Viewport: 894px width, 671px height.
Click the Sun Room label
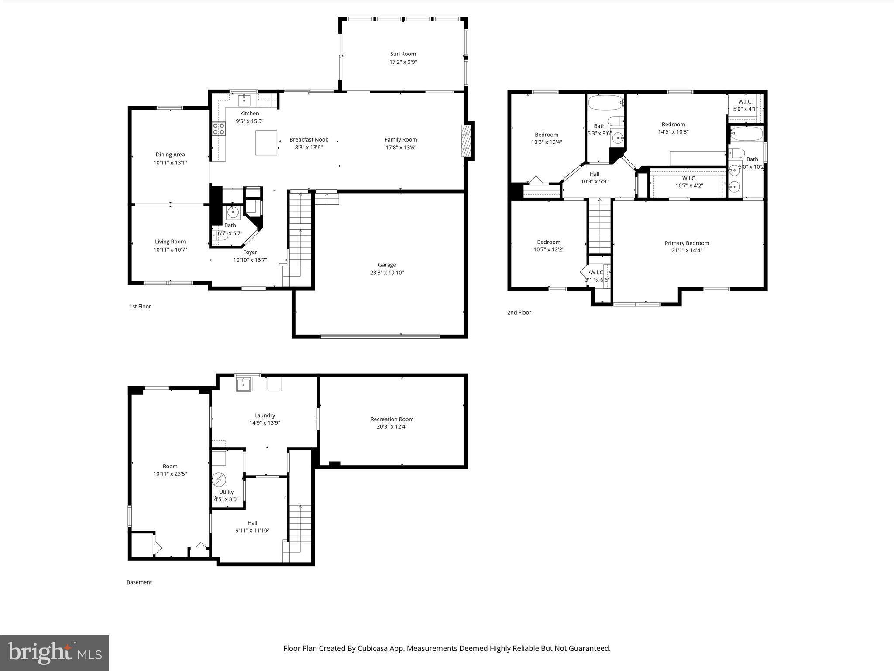pos(403,54)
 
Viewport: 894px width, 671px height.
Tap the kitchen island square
pos(266,142)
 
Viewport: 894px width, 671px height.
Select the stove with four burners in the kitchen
pos(219,129)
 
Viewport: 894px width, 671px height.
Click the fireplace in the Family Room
pos(467,141)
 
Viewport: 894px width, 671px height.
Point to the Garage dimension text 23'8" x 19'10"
pos(387,273)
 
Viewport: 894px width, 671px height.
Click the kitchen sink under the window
pos(244,100)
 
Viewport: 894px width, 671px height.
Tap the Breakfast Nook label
pos(309,140)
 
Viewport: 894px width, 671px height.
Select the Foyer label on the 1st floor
pos(250,252)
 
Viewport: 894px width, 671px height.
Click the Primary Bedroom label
pos(687,243)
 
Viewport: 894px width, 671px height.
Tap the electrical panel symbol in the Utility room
pos(219,480)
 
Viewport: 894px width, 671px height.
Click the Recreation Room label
pos(392,419)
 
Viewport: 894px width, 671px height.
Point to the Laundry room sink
pos(244,385)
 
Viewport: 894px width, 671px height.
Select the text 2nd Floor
pos(519,312)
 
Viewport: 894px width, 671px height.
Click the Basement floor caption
pos(139,582)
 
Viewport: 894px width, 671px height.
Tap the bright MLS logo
pos(55,653)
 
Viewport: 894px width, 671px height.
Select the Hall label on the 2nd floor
pos(595,174)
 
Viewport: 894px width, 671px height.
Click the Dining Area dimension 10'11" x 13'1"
pos(170,163)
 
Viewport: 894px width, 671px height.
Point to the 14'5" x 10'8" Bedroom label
pos(673,124)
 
